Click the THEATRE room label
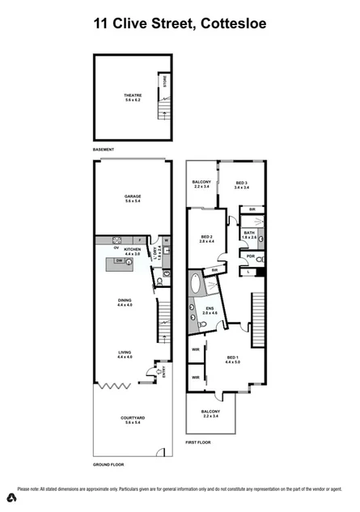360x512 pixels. [x=133, y=96]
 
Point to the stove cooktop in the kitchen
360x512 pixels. [x=117, y=240]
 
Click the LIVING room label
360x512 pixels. [x=125, y=354]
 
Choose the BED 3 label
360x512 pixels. [x=241, y=185]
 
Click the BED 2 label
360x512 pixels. [x=205, y=239]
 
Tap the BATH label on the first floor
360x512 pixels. [x=249, y=235]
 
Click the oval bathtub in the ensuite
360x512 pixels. [x=197, y=285]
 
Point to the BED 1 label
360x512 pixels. [x=232, y=359]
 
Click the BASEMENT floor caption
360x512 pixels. [x=104, y=150]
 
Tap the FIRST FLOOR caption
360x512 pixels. [x=198, y=443]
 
